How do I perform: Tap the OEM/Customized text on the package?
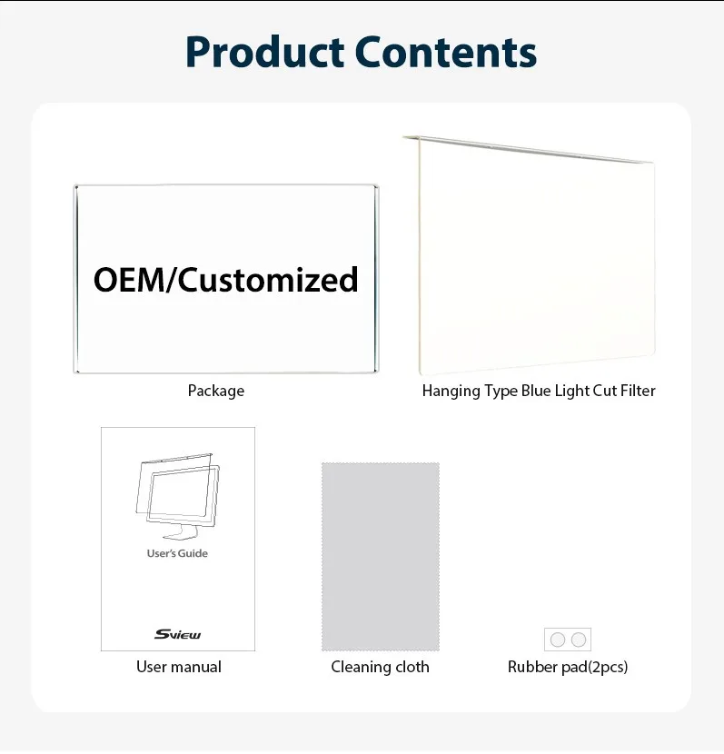point(226,279)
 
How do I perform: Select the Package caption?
point(216,391)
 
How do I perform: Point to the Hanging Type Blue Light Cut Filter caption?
point(539,391)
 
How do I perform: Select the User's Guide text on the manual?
point(177,553)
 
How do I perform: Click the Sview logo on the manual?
point(177,634)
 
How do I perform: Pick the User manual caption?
point(179,667)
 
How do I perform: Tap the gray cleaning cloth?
point(380,556)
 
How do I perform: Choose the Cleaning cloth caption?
point(380,667)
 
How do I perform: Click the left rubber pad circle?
point(558,640)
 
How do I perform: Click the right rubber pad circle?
point(579,640)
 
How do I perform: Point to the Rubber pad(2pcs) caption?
point(568,667)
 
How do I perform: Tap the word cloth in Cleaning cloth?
point(410,667)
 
